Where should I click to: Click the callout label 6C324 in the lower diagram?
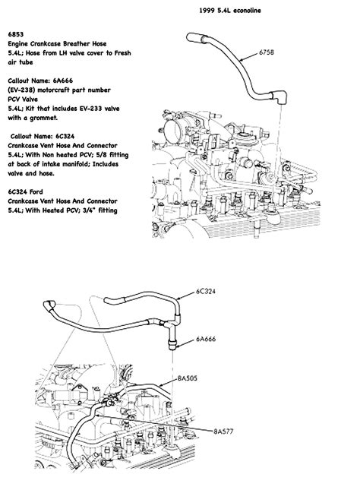point(207,291)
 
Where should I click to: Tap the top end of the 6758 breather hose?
point(196,36)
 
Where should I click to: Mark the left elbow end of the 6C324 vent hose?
point(50,304)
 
